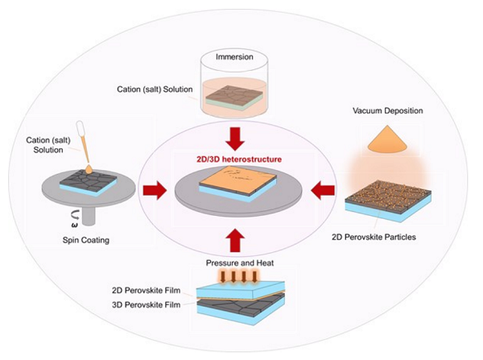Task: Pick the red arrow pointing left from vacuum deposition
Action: (x=323, y=192)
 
